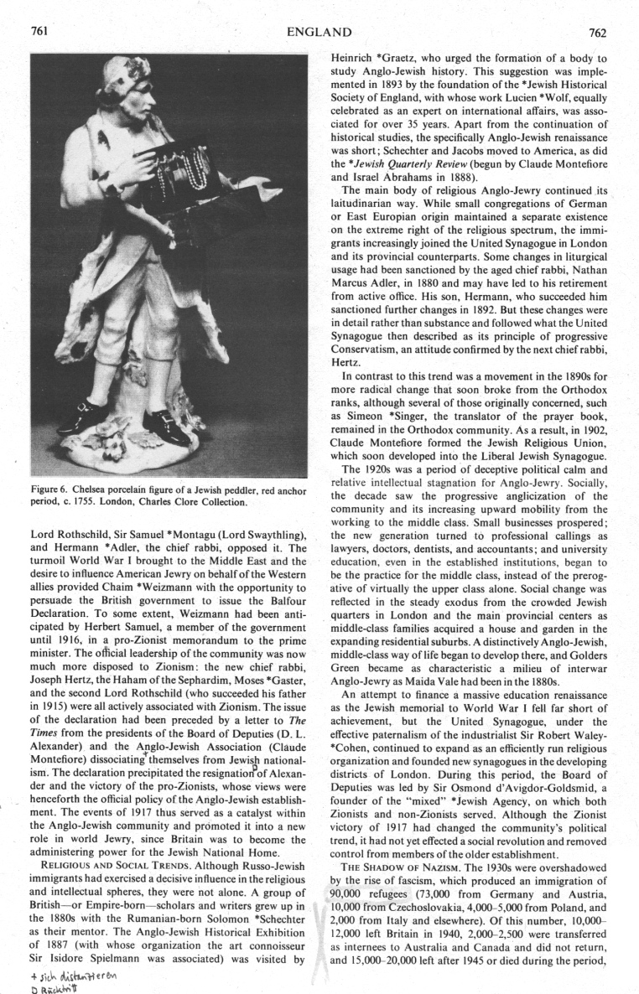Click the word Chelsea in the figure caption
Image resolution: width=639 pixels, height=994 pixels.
[94, 492]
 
